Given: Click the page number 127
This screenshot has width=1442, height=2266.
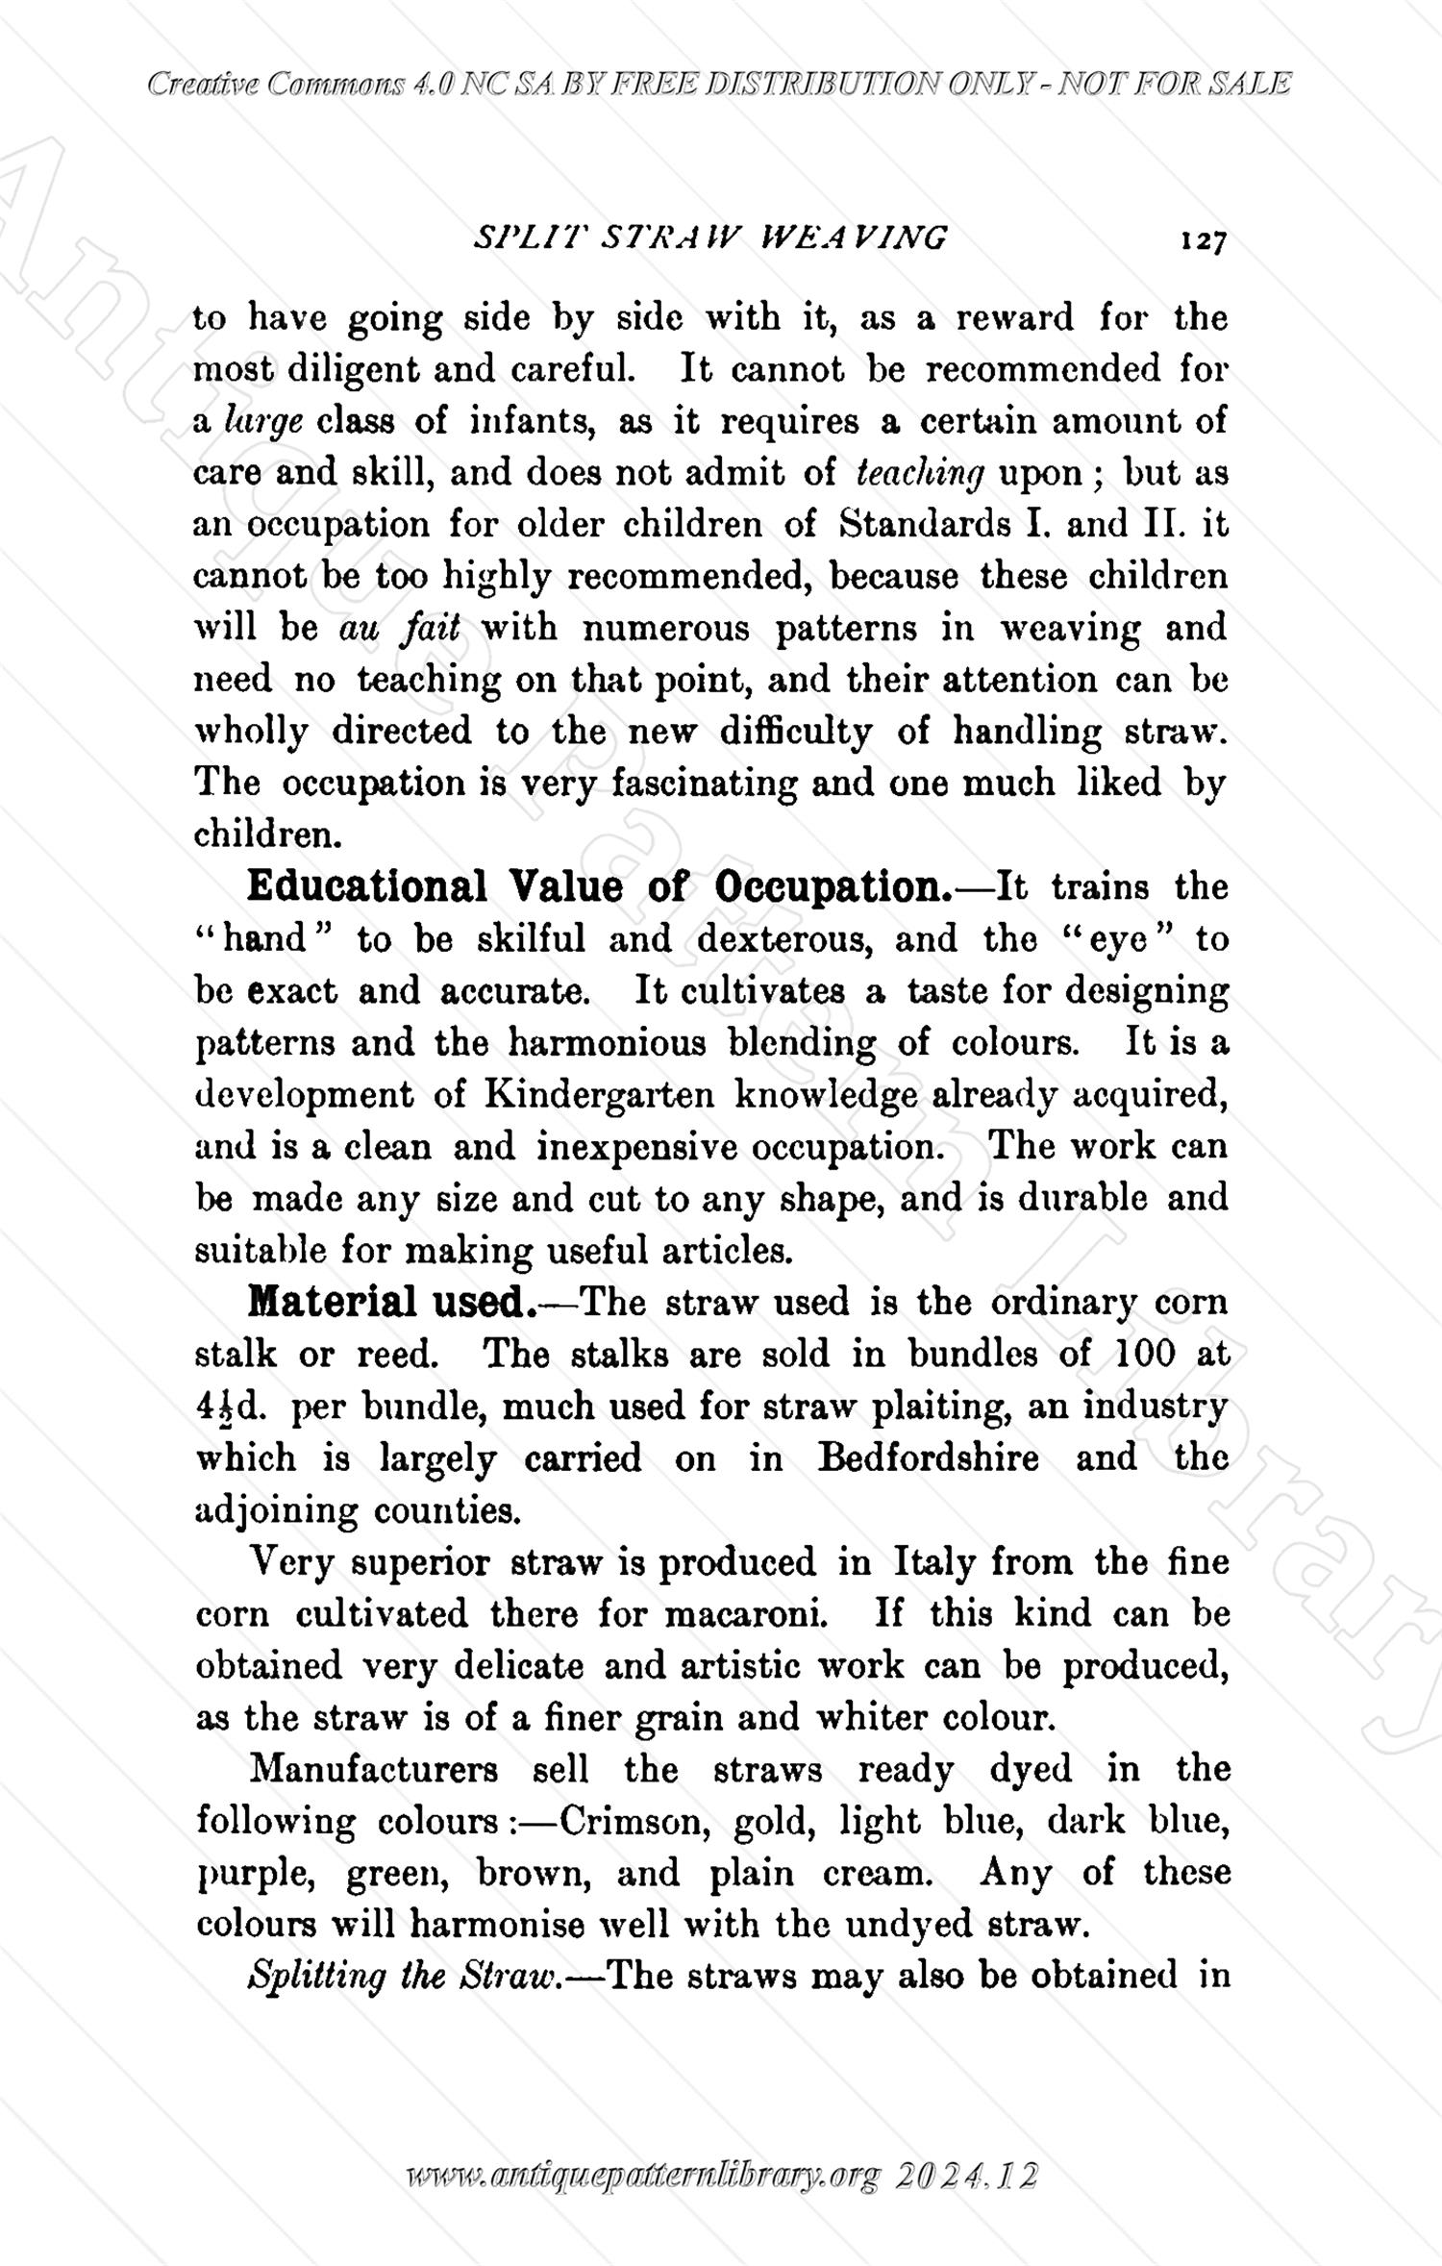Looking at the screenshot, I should [1202, 239].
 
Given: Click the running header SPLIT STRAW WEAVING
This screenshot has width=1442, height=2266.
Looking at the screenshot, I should [711, 237].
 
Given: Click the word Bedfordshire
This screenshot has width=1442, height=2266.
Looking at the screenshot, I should [929, 1458].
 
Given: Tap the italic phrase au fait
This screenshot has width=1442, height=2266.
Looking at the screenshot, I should [400, 628].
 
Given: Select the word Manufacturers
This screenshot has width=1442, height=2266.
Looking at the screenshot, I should [373, 1770].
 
